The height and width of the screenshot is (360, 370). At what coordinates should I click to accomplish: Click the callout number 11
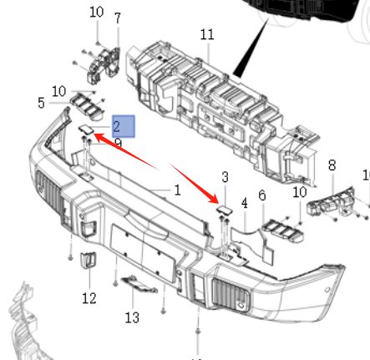(207, 34)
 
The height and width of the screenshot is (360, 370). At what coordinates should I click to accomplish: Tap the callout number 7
(118, 18)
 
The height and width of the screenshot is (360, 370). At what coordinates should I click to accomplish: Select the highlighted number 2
(117, 127)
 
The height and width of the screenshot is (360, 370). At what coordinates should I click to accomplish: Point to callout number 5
(41, 103)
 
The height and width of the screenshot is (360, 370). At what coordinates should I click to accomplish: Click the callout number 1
(177, 190)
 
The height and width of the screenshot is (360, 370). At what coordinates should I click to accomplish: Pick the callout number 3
(225, 177)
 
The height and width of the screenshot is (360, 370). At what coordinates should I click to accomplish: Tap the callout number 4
(245, 203)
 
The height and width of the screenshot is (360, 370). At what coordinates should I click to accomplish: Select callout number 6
(262, 195)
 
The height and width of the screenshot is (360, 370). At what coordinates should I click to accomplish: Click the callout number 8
(332, 165)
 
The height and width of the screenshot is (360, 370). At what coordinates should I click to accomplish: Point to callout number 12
(89, 298)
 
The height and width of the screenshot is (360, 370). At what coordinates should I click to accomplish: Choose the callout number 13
(132, 317)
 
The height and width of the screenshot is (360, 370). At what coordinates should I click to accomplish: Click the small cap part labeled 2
(86, 129)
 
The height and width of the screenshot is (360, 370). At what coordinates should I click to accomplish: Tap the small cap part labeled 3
(225, 210)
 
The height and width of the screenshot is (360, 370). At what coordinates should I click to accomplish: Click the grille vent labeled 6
(282, 229)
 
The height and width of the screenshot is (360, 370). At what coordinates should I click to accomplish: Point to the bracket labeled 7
(104, 65)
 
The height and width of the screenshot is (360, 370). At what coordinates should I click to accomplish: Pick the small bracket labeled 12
(88, 260)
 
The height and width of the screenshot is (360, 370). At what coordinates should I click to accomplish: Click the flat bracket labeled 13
(139, 284)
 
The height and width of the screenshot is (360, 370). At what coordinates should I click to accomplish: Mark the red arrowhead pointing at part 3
(214, 199)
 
